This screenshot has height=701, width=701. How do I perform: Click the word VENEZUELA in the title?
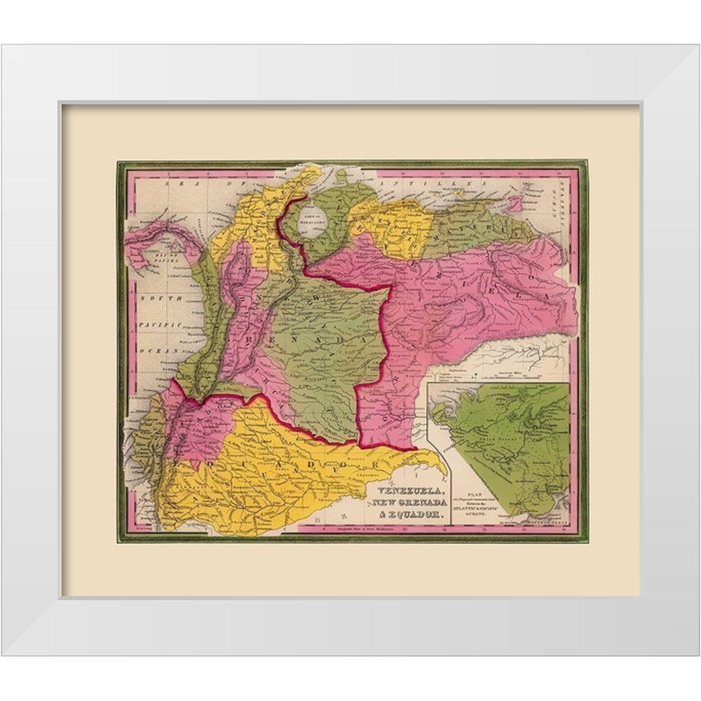410,492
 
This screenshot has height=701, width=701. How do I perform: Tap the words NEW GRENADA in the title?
410,504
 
